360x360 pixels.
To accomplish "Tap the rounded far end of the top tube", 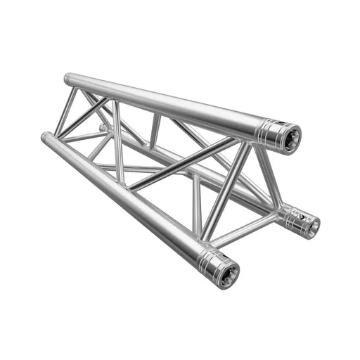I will point(67,79).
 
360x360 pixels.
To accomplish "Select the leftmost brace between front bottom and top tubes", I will point(66,112).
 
